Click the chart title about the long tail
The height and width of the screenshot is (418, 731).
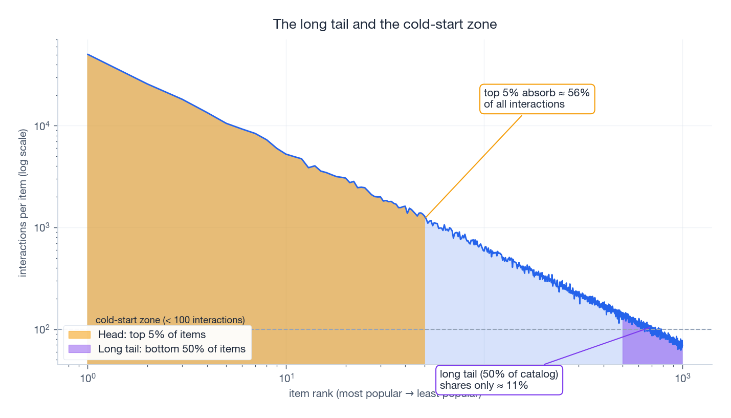click(385, 24)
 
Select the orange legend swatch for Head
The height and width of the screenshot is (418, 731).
click(79, 335)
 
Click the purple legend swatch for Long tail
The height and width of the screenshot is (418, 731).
click(79, 349)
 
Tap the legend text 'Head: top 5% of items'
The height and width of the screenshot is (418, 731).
click(152, 335)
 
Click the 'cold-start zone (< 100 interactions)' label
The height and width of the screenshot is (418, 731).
click(170, 320)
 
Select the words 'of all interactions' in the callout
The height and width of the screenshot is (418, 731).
click(524, 104)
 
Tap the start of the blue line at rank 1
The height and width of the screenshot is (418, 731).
click(88, 54)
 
